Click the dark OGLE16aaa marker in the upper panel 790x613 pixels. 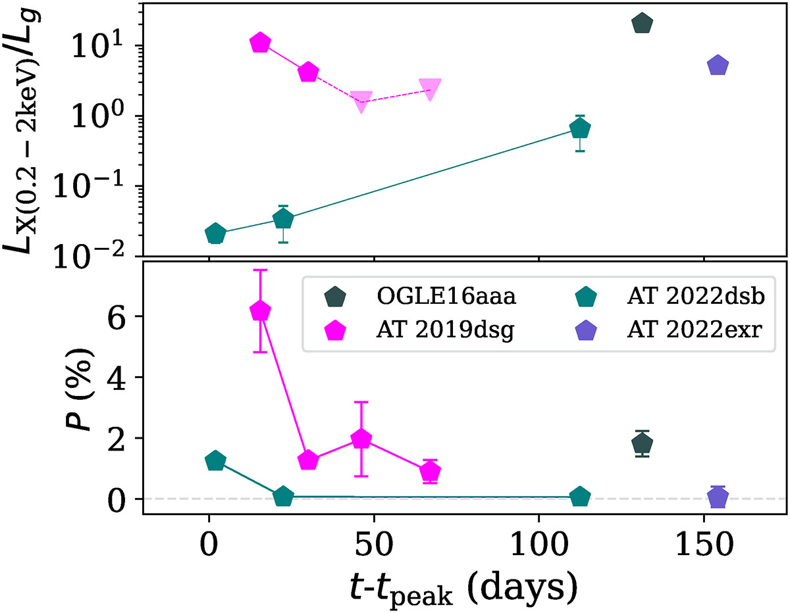coord(642,24)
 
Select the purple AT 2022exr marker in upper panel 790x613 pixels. coord(718,66)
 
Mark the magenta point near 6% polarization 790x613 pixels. coord(261,311)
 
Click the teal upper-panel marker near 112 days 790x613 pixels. coord(580,129)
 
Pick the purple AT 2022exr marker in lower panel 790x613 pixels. coord(718,497)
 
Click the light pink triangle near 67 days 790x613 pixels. coord(430,89)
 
